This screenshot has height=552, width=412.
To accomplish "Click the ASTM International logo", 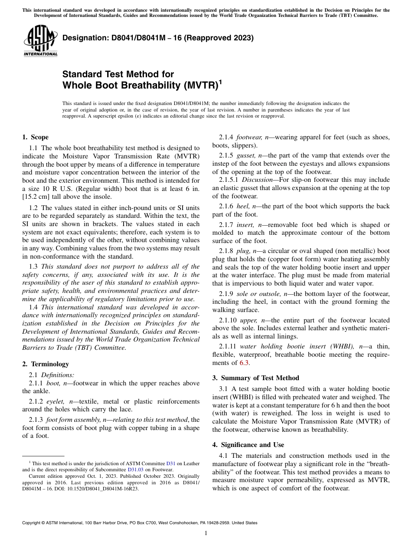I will (40, 41).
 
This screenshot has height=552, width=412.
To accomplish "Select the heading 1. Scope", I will (35, 137).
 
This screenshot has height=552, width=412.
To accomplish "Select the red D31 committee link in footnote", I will (171, 463).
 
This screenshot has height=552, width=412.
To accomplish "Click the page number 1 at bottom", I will (206, 533).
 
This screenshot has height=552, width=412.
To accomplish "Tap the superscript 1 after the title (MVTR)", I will (220, 81).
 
